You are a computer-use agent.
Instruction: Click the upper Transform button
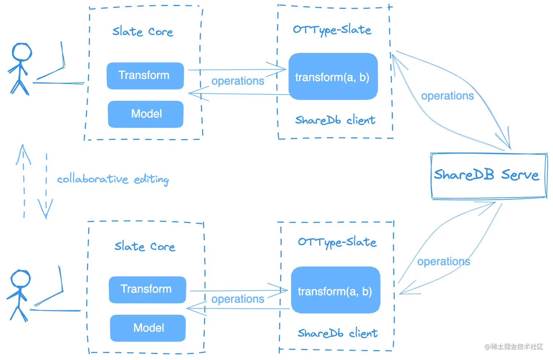145,76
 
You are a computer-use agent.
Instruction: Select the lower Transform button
147,290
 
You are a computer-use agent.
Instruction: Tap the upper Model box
146,114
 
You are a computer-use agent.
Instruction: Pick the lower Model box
148,328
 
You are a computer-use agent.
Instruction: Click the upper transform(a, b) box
333,76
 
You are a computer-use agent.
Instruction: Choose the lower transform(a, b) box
335,290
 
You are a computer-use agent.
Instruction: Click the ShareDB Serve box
489,176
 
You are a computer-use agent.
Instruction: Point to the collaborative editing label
113,179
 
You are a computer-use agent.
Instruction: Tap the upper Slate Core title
143,32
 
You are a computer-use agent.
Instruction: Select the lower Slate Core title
145,246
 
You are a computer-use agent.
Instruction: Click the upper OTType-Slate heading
332,30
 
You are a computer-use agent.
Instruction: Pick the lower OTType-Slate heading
337,243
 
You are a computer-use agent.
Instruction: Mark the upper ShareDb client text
335,120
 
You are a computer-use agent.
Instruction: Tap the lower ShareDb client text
338,333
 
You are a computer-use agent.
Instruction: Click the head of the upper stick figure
22,52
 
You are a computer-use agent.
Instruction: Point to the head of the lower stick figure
20,278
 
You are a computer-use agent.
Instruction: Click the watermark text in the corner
514,347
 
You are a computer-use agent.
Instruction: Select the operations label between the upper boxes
238,81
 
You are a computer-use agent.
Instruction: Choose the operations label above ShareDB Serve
447,96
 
